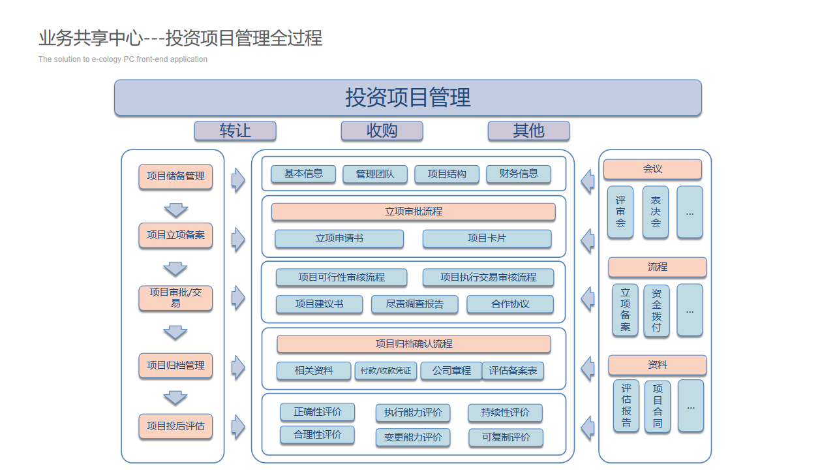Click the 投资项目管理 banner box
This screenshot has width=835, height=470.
(408, 98)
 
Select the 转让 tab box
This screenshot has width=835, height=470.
(235, 131)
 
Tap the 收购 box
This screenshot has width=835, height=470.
(382, 131)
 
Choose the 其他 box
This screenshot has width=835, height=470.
(528, 131)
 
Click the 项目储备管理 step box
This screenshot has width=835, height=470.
(175, 176)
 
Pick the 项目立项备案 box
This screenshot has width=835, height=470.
(175, 235)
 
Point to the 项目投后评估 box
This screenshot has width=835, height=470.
(175, 426)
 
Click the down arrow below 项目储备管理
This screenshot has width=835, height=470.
(175, 210)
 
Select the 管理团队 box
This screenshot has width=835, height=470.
(375, 174)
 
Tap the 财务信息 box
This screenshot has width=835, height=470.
(519, 174)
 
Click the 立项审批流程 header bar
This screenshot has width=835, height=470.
(414, 211)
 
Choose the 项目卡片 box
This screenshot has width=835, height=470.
(487, 238)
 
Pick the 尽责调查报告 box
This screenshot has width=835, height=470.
(414, 304)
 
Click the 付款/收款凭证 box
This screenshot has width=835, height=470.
(386, 371)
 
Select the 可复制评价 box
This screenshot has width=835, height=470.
(506, 437)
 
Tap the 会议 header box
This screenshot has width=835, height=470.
(652, 169)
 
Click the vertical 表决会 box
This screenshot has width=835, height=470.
(656, 212)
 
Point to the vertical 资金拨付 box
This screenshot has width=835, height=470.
(656, 310)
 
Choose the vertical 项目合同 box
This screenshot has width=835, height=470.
(658, 406)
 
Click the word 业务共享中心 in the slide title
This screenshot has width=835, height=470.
(90, 39)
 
